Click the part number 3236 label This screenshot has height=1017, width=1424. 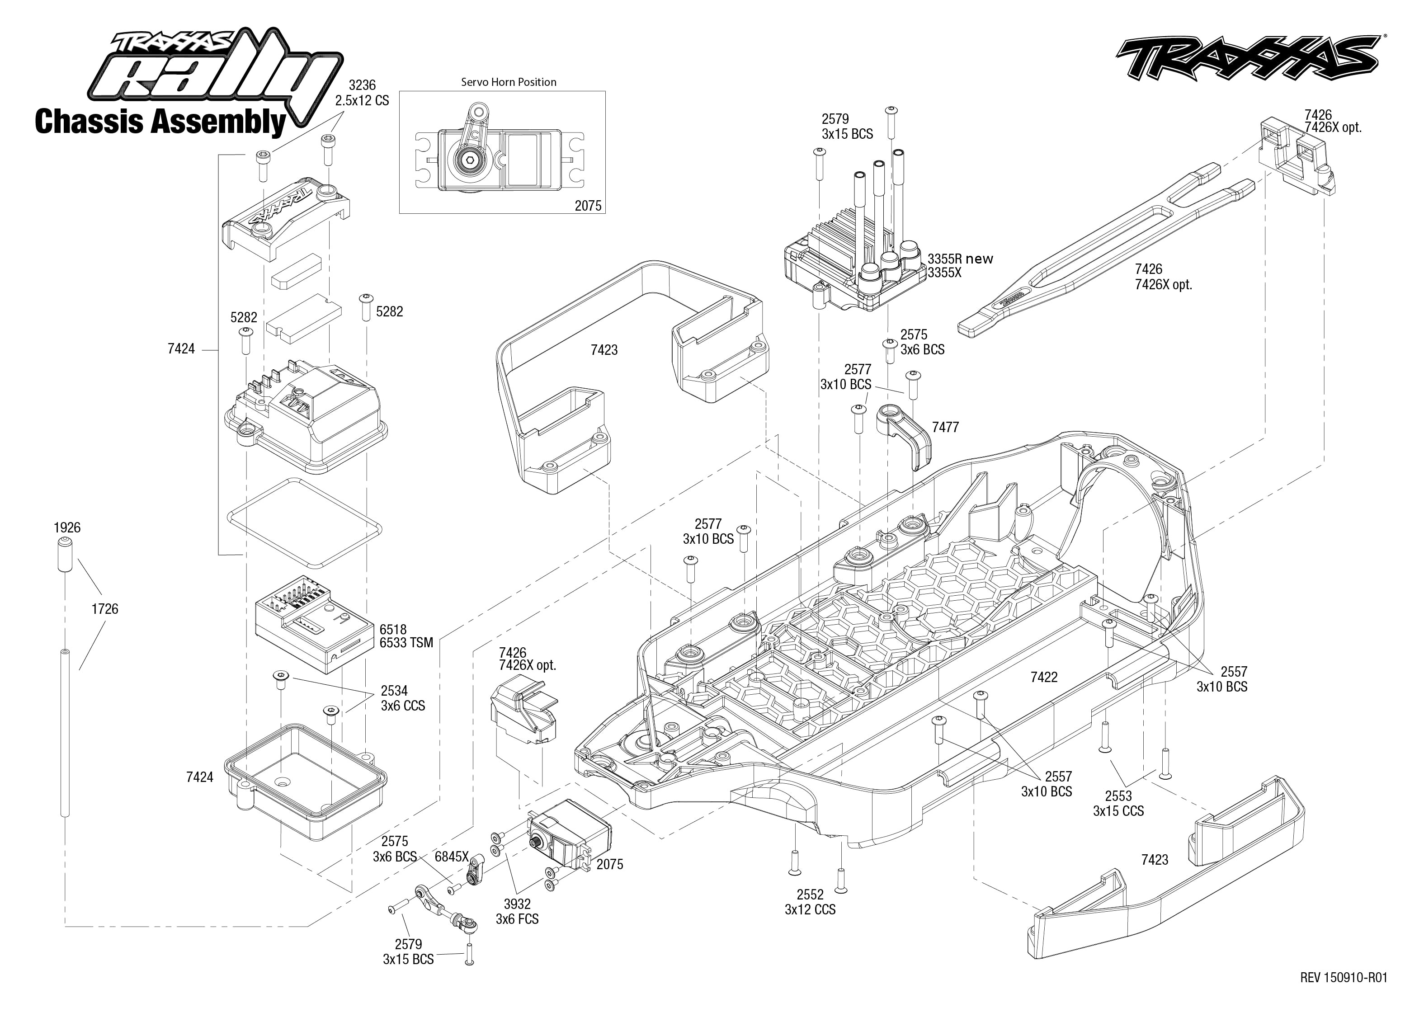[x=362, y=85]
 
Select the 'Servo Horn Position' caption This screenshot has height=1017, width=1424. [x=509, y=82]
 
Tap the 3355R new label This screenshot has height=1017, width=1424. [x=960, y=259]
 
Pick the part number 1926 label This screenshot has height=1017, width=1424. [x=67, y=527]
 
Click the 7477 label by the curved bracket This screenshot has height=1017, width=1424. [x=945, y=427]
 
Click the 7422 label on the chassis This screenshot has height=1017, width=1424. [x=1044, y=677]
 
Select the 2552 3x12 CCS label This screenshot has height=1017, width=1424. [x=810, y=902]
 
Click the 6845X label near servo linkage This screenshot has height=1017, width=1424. [x=452, y=857]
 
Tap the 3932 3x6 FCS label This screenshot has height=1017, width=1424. [x=517, y=911]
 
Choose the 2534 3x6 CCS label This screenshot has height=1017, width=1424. [x=402, y=697]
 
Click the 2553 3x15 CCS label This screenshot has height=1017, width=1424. [x=1118, y=804]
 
